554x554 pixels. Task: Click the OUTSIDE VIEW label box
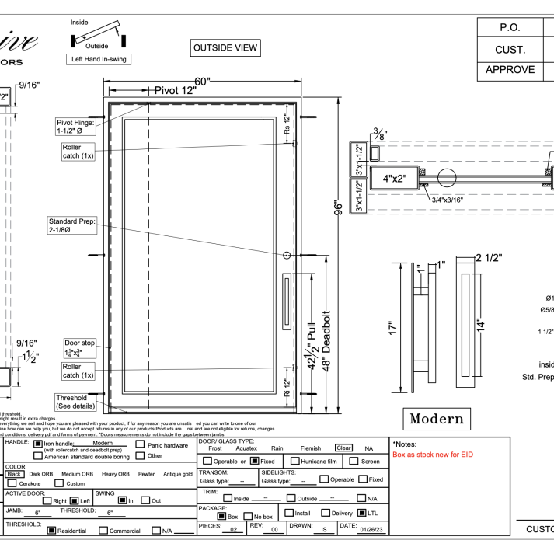pos(225,48)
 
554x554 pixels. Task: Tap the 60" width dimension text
pos(204,82)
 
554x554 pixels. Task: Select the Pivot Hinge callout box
pos(75,127)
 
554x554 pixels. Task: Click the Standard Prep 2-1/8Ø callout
pos(71,225)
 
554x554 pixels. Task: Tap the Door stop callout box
pos(79,347)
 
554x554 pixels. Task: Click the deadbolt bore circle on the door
pos(287,256)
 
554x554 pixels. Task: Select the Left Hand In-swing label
pos(99,59)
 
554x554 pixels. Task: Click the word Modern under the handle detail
pos(436,419)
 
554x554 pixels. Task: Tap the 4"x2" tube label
pos(395,178)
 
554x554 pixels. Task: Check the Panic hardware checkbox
pos(141,445)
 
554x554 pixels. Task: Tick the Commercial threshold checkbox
pos(103,531)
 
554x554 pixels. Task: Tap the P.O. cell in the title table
pos(510,27)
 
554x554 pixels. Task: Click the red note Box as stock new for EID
pos(433,455)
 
